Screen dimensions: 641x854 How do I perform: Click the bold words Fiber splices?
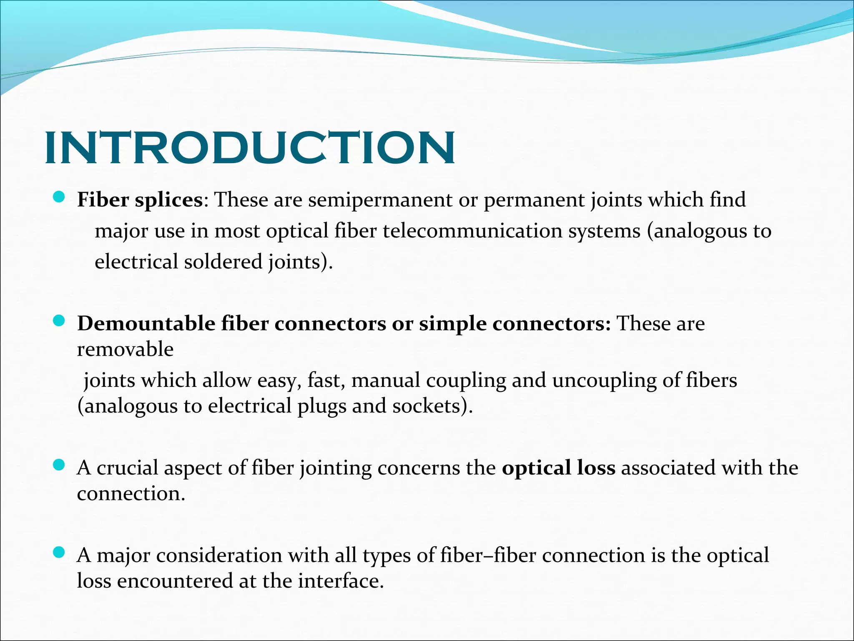tap(140, 200)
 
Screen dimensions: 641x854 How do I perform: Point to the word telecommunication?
tap(472, 231)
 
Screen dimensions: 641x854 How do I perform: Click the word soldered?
tap(223, 262)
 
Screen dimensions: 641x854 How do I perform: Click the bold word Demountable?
tap(146, 324)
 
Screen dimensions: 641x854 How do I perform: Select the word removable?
tap(125, 349)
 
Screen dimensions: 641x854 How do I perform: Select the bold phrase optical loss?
tap(558, 468)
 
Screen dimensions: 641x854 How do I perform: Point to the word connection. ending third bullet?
tap(131, 494)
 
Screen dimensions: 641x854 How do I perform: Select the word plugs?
tap(322, 406)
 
